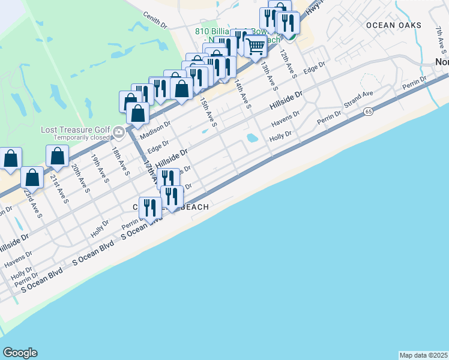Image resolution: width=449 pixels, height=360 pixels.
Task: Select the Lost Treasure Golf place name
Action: tap(76, 130)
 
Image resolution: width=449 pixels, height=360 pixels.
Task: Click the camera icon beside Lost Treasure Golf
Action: tap(119, 132)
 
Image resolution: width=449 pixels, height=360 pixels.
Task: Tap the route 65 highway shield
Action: tap(367, 112)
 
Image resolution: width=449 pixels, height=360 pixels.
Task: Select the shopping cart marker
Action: tap(256, 46)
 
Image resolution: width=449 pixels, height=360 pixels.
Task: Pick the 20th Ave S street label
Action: tap(78, 178)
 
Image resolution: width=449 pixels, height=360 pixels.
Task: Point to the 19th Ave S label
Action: tap(98, 167)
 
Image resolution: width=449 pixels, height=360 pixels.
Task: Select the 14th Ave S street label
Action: tap(243, 93)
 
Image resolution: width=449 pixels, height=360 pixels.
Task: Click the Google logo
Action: tap(20, 353)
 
